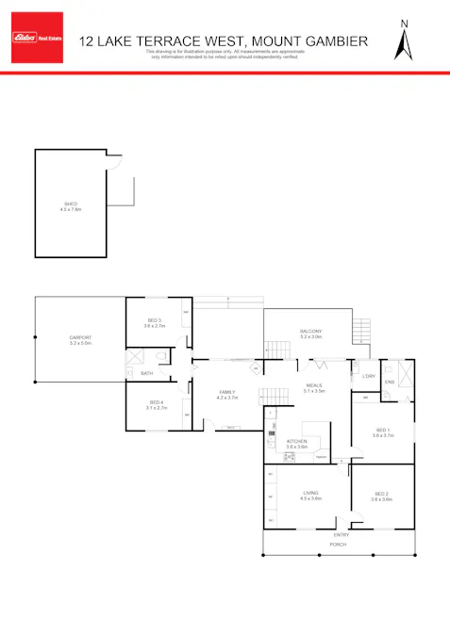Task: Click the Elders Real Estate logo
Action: (x=35, y=38)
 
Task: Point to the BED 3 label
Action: (x=154, y=320)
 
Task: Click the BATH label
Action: (x=147, y=374)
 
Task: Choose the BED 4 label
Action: (x=156, y=403)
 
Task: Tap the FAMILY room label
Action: (x=227, y=392)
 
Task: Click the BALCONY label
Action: (x=311, y=331)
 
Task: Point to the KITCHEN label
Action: (x=297, y=441)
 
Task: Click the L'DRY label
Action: (x=369, y=377)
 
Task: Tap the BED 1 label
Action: (x=381, y=430)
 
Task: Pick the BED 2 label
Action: (x=381, y=495)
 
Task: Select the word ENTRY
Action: (x=341, y=535)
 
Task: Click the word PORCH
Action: (x=337, y=546)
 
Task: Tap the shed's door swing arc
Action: (x=116, y=161)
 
